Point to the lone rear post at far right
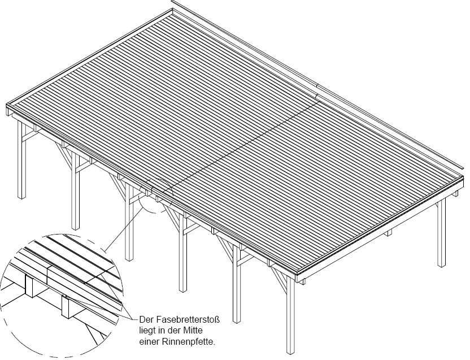(x=441, y=232)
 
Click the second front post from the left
(x=75, y=192)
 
